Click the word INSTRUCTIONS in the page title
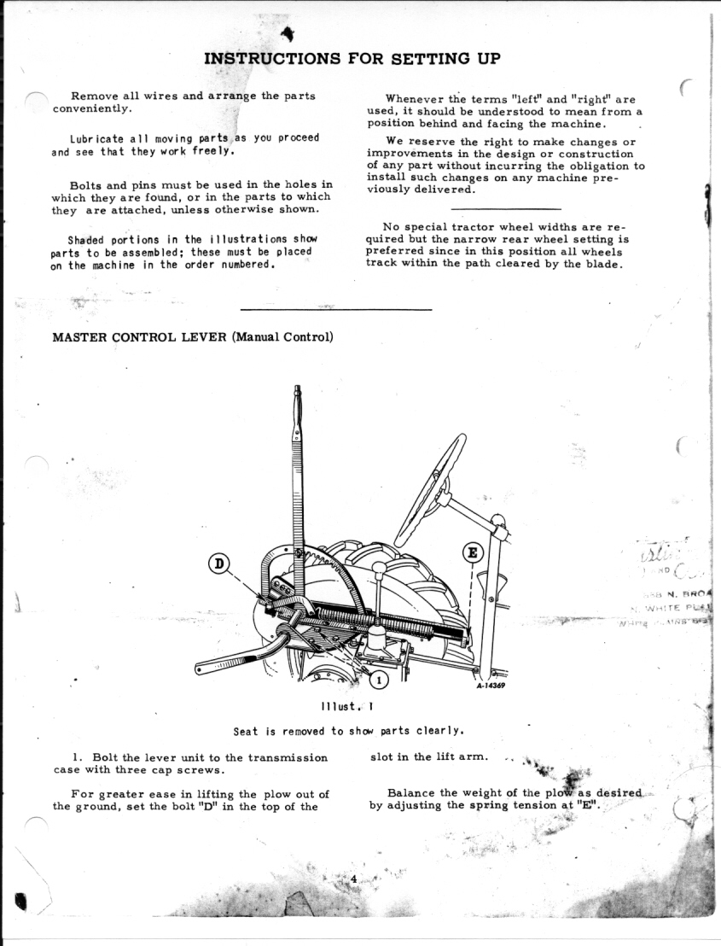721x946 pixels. [x=272, y=59]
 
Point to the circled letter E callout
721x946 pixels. [x=472, y=552]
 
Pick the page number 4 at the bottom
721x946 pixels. [x=352, y=879]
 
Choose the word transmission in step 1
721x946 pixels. [x=288, y=757]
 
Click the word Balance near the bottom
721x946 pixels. [x=412, y=792]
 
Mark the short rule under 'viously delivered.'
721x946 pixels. [x=505, y=208]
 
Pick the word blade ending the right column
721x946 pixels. [x=603, y=264]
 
